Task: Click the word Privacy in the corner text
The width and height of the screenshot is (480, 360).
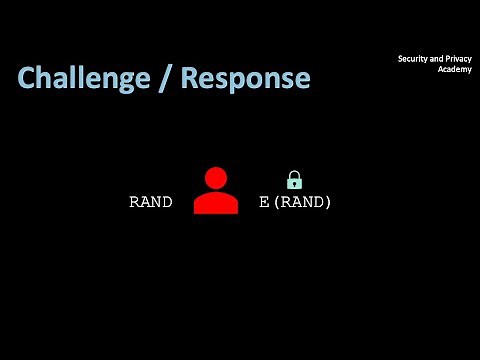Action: pos(456,60)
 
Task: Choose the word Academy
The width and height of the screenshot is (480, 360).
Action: pos(454,71)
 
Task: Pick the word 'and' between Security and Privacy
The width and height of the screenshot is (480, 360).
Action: pos(435,60)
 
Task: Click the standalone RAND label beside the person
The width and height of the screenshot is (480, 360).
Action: pos(150,202)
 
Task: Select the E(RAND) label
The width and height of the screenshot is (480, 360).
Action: pos(295,202)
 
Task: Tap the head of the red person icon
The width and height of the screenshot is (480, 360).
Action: pos(216,179)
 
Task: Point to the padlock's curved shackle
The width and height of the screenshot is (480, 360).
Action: pos(294,175)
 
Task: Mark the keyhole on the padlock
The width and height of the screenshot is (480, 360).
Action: pos(294,184)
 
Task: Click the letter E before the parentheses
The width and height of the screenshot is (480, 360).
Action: pos(264,202)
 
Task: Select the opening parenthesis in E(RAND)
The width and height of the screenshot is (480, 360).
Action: pos(275,202)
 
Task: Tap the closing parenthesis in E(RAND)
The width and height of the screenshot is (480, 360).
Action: pos(327,202)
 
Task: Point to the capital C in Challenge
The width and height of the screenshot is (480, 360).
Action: pos(27,78)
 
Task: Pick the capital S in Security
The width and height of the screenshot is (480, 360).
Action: pos(401,60)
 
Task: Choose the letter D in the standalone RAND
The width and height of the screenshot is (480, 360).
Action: pos(166,202)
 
